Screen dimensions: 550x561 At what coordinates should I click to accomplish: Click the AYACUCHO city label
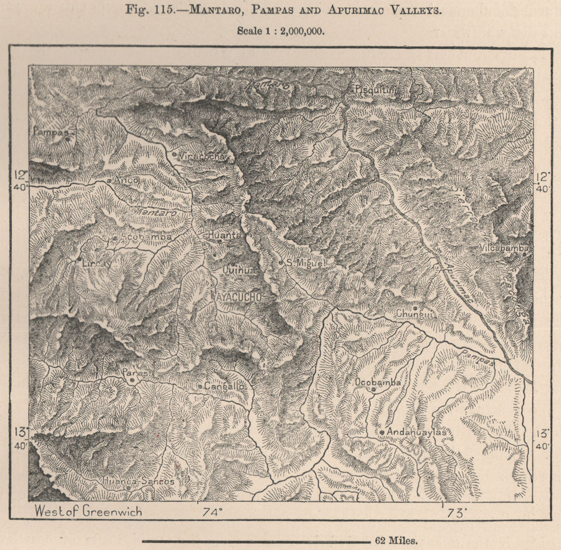coord(236,296)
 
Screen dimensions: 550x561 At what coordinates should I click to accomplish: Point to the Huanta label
coord(224,236)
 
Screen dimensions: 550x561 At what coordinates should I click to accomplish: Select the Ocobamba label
coord(378,382)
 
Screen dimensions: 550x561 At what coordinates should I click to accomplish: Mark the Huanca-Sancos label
coord(138,481)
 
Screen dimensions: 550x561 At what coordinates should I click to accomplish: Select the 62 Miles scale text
coord(397,540)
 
